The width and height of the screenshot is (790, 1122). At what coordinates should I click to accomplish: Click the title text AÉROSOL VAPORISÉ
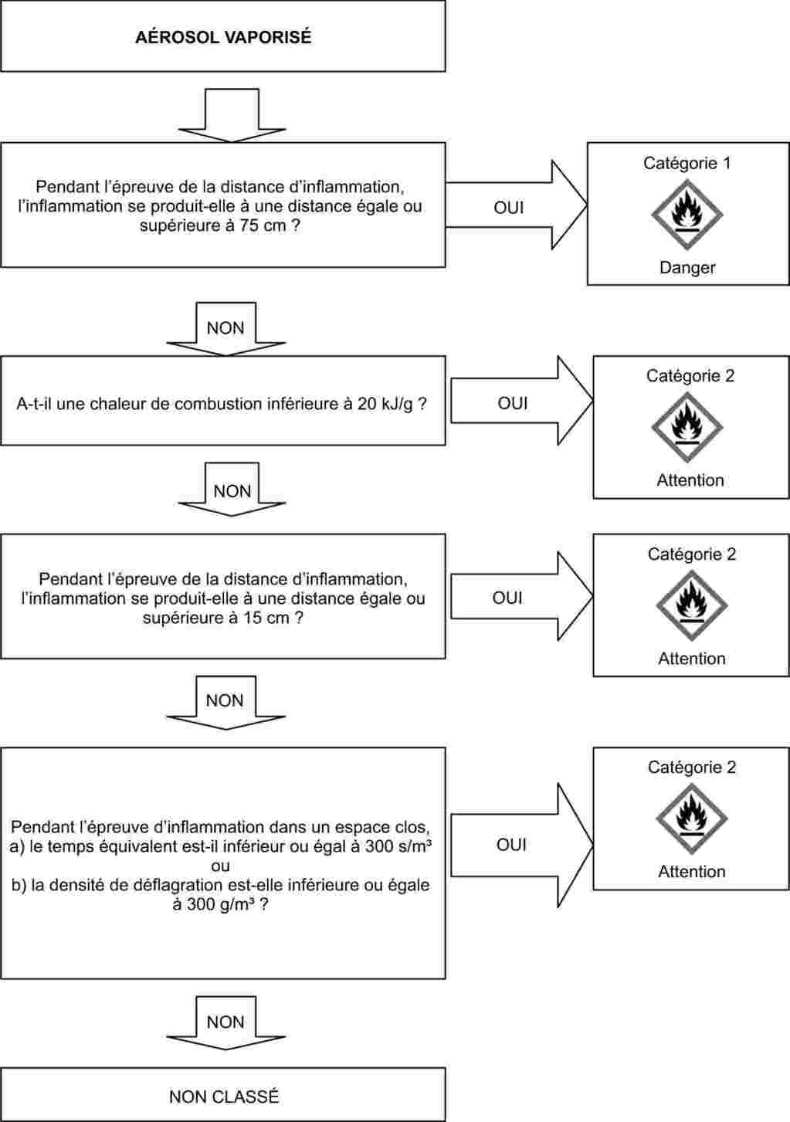(223, 37)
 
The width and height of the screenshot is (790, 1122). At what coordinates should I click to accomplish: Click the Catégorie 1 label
(687, 163)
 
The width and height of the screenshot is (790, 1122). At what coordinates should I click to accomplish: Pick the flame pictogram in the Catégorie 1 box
(687, 213)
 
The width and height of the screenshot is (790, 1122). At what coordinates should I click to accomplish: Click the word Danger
(687, 267)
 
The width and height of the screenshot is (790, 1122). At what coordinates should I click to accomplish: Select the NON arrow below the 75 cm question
(225, 328)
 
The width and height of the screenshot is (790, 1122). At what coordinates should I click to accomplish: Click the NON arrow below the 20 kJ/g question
(232, 490)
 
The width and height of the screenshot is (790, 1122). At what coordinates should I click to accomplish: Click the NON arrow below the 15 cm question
(225, 700)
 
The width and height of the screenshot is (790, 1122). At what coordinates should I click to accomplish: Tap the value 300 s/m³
(398, 846)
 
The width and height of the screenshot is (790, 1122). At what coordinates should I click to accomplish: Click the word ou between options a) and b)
(220, 866)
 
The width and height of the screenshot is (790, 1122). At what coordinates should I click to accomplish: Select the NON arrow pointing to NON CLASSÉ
(225, 1022)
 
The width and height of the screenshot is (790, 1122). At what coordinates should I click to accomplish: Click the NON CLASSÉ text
(224, 1096)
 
